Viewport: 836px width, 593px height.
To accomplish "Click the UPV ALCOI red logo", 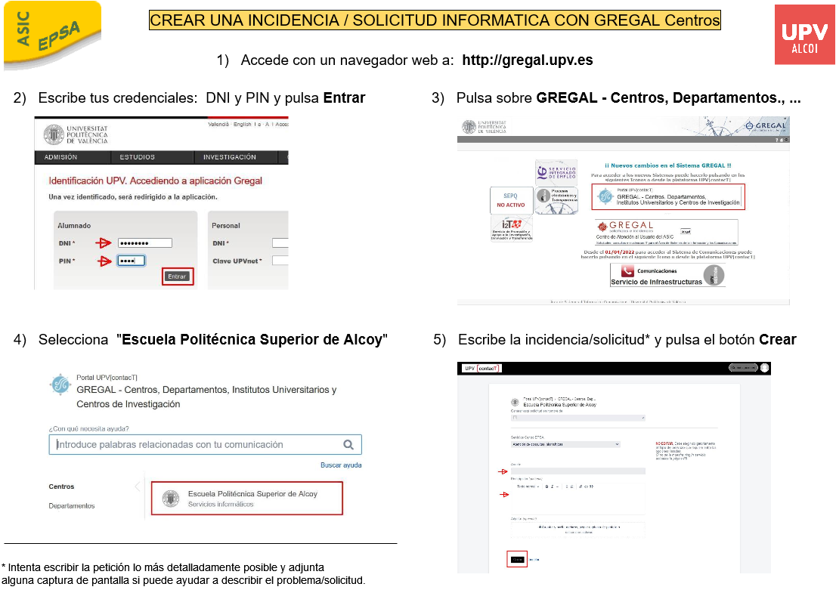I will click(804, 34).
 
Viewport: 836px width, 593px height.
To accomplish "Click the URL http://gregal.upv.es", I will click(527, 60).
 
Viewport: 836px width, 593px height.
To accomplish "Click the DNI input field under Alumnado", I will click(144, 243).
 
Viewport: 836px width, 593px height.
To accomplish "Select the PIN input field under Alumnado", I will click(131, 261).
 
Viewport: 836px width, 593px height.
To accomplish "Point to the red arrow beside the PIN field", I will click(104, 261).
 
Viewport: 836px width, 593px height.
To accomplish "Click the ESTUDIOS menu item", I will click(137, 157).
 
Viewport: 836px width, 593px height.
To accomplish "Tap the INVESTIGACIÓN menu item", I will click(229, 157).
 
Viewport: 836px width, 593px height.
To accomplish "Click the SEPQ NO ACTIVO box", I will click(510, 199).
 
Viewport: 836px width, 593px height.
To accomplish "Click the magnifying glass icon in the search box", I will click(348, 445).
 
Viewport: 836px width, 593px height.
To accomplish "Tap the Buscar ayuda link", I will click(341, 465).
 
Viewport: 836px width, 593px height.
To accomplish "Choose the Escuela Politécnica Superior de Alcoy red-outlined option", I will click(246, 499).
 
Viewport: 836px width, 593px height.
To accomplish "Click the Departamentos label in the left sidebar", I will click(72, 505).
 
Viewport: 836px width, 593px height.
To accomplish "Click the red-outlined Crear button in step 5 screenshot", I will click(517, 559).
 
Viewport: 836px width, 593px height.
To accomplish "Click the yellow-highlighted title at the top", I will click(435, 20).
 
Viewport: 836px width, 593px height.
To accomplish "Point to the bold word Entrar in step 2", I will click(344, 98).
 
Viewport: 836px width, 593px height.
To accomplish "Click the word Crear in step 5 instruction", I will click(777, 340).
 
